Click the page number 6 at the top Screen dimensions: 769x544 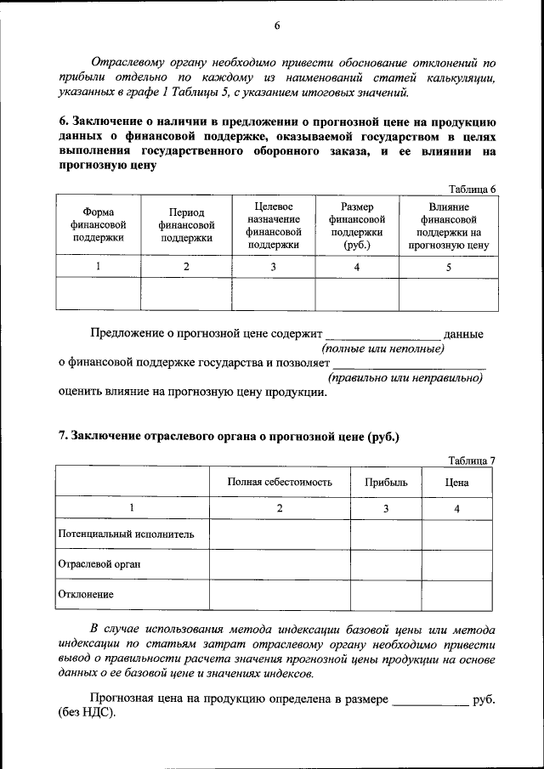[276, 25]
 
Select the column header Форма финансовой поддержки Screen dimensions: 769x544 [98, 224]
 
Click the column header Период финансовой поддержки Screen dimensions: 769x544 [185, 224]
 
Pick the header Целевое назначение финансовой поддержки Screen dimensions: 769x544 [273, 225]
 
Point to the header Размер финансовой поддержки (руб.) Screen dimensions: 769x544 [357, 225]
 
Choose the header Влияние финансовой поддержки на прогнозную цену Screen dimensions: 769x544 [448, 225]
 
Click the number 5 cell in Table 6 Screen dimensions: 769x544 [448, 267]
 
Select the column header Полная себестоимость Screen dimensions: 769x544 [280, 483]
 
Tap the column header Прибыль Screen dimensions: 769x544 [386, 483]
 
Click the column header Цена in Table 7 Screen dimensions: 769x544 [457, 483]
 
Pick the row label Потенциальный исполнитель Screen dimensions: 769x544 [126, 534]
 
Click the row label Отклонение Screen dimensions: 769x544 [86, 594]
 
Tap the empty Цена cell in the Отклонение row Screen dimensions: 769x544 [457, 595]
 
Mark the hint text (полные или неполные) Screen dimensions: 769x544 [382, 348]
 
